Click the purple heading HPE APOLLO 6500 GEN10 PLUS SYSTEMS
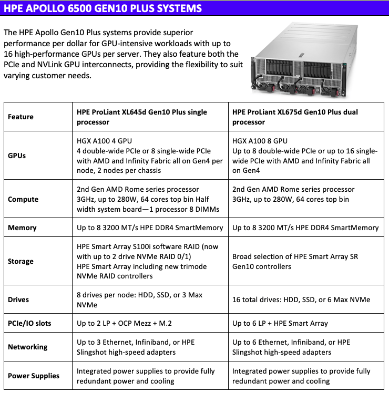[x=103, y=8]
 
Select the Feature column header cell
[x=21, y=117]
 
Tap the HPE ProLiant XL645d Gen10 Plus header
[x=142, y=117]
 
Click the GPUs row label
[x=17, y=156]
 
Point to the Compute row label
[x=23, y=199]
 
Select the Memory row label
[x=22, y=228]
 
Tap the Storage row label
[x=21, y=261]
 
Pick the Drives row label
[x=18, y=299]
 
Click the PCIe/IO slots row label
[x=29, y=323]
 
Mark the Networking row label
[x=27, y=347]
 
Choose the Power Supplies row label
[x=34, y=376]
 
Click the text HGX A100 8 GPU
[x=260, y=141]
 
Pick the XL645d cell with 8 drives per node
[x=139, y=299]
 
